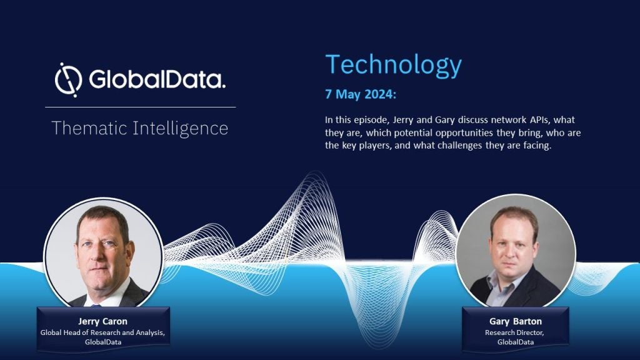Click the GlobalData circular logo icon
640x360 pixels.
pos(69,80)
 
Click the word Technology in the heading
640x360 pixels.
pos(394,65)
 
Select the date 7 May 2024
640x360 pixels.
pos(361,94)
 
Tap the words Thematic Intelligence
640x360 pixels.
pos(139,128)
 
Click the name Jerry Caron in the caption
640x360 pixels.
pos(103,321)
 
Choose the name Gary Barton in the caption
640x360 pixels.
pos(516,321)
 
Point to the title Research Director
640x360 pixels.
pos(514,332)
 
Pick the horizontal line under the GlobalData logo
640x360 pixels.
pos(141,107)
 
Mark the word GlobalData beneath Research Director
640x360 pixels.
pos(516,342)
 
